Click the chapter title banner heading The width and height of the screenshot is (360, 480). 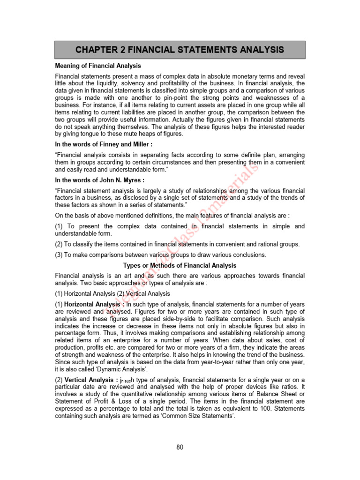(180, 50)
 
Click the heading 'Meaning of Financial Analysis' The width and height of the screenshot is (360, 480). (98, 66)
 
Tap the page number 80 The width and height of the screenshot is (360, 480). (180, 447)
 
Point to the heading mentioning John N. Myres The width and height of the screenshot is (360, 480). (100, 180)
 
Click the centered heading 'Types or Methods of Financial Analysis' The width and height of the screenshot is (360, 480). (180, 265)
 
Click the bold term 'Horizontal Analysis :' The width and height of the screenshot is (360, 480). (91, 304)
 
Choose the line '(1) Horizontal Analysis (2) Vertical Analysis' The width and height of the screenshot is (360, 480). (112, 293)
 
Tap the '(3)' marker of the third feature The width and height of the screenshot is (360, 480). (60, 255)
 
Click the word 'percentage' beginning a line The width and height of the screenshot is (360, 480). (70, 333)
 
